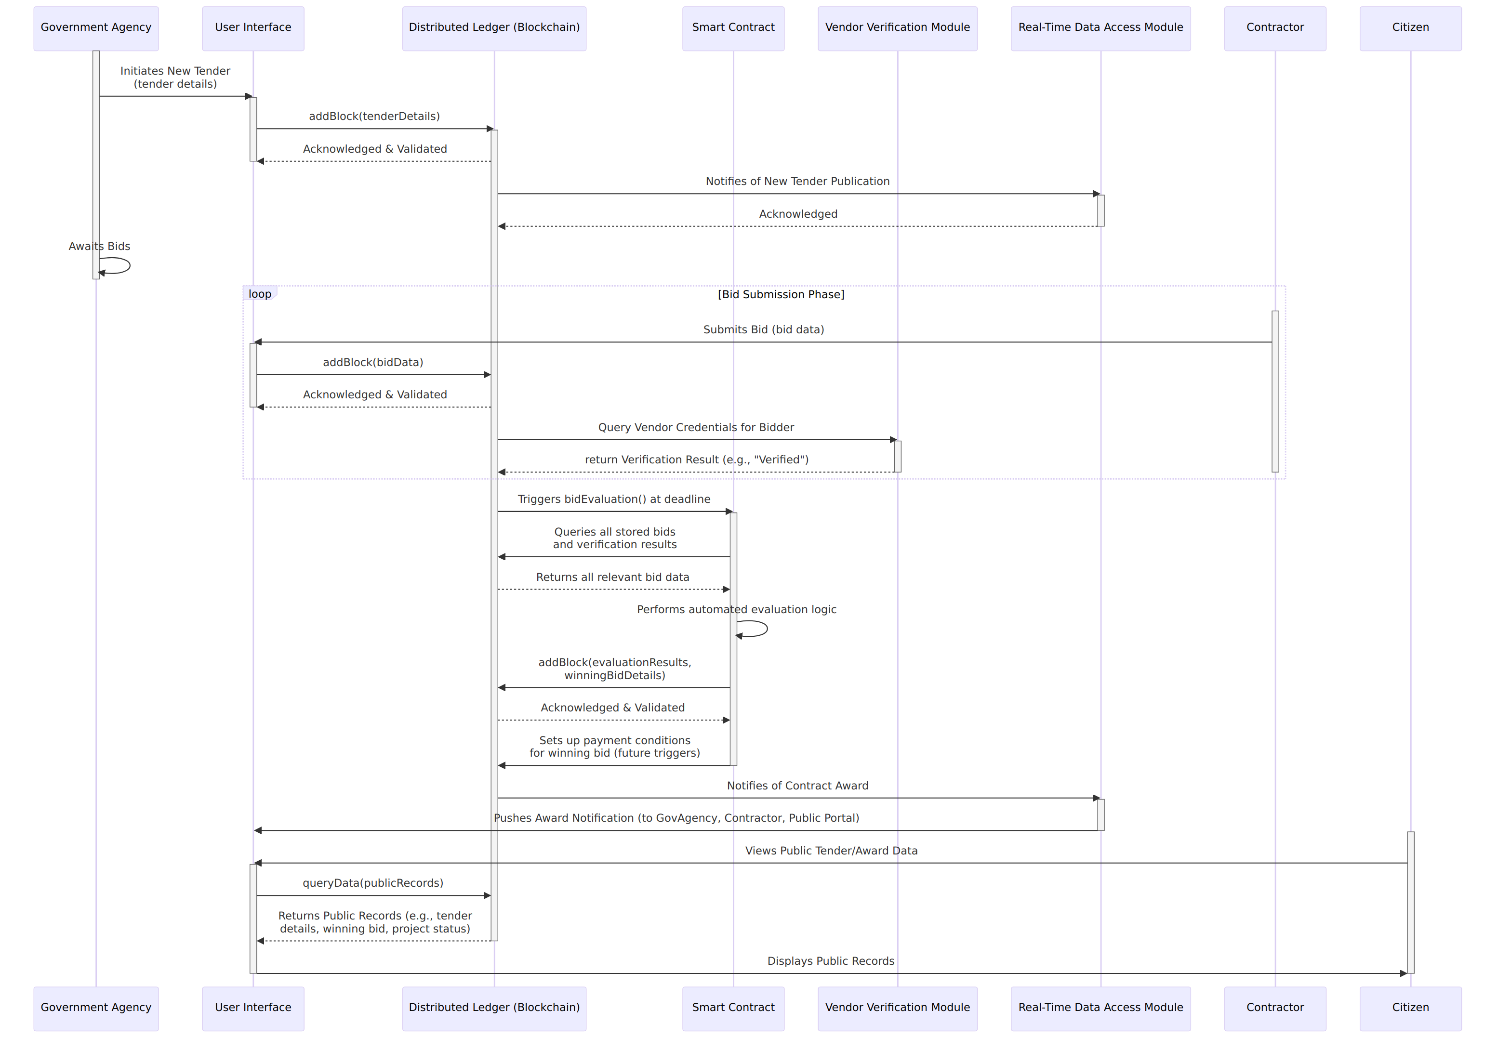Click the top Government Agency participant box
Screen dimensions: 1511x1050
coord(96,28)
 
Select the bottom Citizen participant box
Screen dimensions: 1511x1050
coord(1410,1009)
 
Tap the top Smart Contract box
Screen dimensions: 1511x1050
coord(733,28)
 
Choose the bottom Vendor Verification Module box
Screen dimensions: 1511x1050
coord(897,1009)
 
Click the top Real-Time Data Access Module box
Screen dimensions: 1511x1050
coord(1100,28)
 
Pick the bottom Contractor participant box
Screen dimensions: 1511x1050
coord(1275,1009)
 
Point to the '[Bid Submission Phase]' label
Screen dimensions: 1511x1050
coord(781,294)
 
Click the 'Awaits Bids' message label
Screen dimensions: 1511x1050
coord(99,246)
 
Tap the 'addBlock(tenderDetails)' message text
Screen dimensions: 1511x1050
coord(374,116)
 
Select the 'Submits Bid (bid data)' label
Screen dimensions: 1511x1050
coord(763,329)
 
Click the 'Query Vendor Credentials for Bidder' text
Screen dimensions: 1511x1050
coord(696,427)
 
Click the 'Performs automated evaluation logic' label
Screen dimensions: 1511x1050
coord(736,609)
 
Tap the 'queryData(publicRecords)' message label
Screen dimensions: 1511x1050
coord(373,883)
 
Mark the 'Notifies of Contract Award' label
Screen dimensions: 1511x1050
coord(797,786)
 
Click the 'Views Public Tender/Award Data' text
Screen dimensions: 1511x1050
coord(831,851)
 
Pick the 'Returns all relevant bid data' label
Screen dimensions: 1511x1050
coord(613,577)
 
